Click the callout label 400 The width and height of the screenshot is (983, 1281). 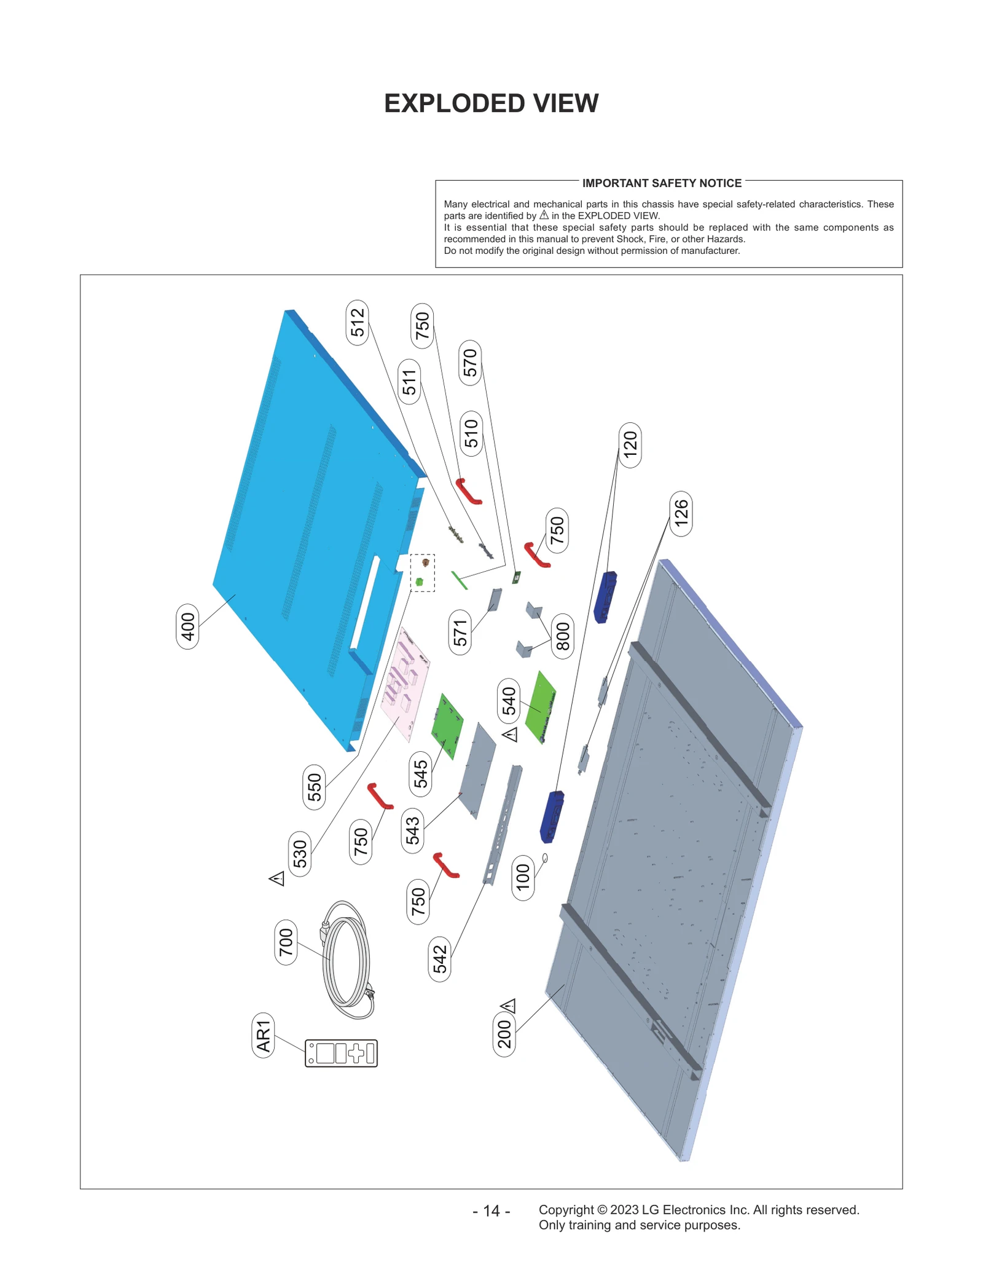[x=187, y=626]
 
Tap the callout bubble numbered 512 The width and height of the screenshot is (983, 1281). [x=358, y=323]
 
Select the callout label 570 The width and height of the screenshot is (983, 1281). [x=470, y=363]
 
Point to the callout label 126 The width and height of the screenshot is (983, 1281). [x=681, y=513]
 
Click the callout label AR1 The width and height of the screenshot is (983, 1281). [x=263, y=1035]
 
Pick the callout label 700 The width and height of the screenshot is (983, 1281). [x=286, y=942]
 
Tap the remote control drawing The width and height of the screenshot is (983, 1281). [x=341, y=1053]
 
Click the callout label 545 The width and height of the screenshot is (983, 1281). [x=420, y=774]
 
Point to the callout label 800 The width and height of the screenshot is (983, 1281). [x=563, y=636]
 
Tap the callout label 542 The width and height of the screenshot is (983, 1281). [x=440, y=959]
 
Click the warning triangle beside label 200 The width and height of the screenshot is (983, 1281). [x=509, y=1006]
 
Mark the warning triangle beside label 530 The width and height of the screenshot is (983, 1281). [x=277, y=878]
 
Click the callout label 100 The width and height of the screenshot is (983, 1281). [x=523, y=878]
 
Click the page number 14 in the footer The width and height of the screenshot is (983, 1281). [x=491, y=1210]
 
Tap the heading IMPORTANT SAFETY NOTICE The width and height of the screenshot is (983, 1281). [x=662, y=183]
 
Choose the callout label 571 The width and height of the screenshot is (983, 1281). [x=460, y=633]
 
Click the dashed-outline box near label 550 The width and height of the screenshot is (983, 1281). [x=423, y=573]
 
